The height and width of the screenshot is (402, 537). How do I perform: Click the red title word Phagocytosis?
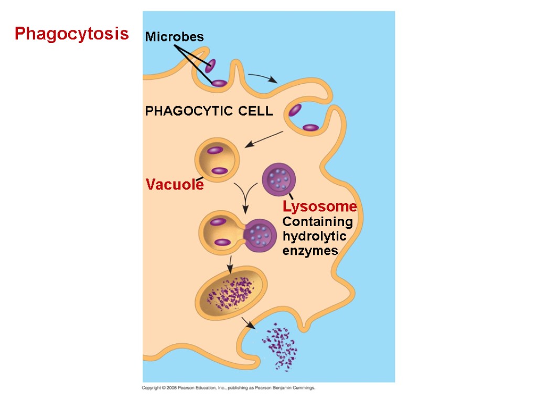pyautogui.click(x=71, y=34)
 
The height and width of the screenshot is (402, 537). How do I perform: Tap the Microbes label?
pyautogui.click(x=174, y=37)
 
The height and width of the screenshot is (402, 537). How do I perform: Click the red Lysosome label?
pyautogui.click(x=319, y=207)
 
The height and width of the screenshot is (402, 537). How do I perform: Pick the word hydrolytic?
pyautogui.click(x=314, y=237)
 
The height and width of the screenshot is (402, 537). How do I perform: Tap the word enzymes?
pyautogui.click(x=310, y=251)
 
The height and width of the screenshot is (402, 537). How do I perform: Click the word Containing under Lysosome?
pyautogui.click(x=317, y=222)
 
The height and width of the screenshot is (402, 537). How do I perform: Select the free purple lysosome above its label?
pyautogui.click(x=278, y=178)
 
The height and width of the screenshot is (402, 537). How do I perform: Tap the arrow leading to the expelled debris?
pyautogui.click(x=248, y=322)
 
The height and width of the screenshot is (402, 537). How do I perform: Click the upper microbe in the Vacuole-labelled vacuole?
pyautogui.click(x=214, y=151)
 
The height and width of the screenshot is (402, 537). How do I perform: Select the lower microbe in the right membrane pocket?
pyautogui.click(x=310, y=127)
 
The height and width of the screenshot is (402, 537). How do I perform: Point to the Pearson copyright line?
pyautogui.click(x=229, y=388)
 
